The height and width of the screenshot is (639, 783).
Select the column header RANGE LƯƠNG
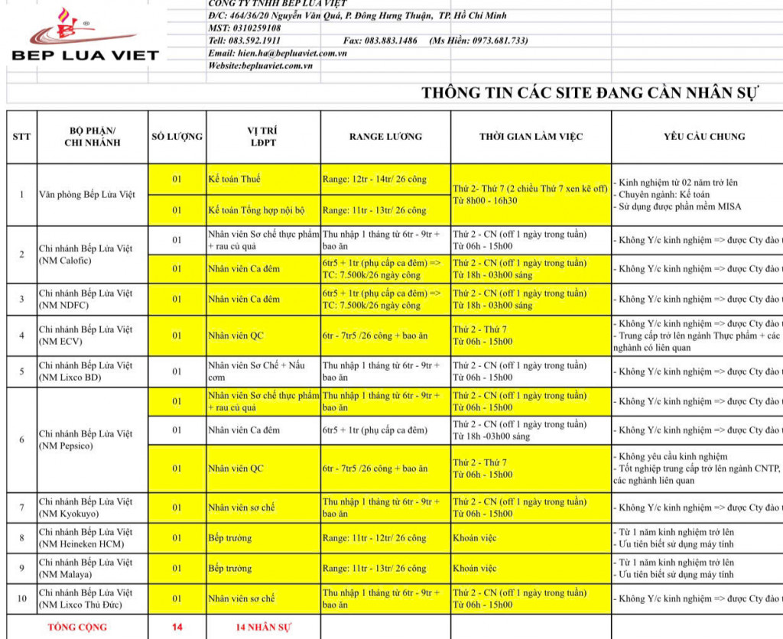coord(385,137)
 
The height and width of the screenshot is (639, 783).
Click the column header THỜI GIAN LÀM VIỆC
coord(531,137)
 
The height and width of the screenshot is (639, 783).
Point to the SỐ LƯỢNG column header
coord(177,137)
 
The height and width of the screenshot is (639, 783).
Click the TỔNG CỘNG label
coord(77,628)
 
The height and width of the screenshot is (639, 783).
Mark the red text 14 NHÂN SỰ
coord(263,628)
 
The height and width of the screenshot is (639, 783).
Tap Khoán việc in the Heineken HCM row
coord(475,538)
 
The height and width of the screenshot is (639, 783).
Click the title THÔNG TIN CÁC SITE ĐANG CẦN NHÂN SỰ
coord(590,94)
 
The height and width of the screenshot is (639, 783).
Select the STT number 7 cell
coord(21,508)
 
